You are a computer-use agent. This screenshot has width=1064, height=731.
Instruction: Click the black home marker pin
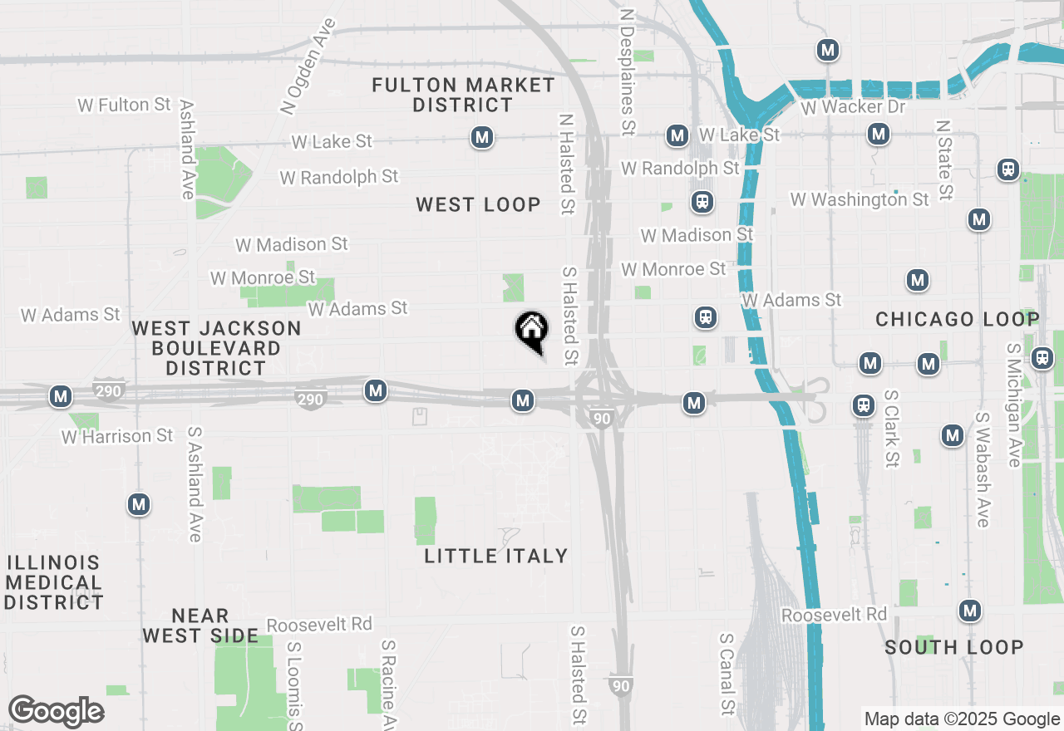[531, 330]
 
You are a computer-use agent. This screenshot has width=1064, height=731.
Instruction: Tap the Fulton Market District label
[463, 95]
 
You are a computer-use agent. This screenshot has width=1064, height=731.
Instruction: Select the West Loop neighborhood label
[478, 204]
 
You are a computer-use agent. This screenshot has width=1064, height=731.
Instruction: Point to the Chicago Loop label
[957, 319]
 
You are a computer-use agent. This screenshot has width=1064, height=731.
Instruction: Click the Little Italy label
[496, 556]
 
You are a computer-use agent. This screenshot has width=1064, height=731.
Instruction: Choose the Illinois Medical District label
[54, 582]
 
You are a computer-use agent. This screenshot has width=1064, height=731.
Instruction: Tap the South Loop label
[953, 647]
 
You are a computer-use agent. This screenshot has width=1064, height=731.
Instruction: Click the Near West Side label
[199, 626]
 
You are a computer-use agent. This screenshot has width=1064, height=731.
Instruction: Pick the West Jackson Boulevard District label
[216, 348]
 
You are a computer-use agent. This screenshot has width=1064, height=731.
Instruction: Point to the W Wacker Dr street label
[853, 109]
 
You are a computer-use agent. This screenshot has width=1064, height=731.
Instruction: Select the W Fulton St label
[124, 105]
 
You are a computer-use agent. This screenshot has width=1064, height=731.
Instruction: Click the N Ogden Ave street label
[307, 66]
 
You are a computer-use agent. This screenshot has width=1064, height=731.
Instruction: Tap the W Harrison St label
[117, 436]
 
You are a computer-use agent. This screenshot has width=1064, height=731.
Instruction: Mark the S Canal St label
[727, 674]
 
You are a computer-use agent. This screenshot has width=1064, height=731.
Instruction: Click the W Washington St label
[860, 199]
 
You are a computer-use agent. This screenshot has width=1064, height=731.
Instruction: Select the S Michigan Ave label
[1013, 405]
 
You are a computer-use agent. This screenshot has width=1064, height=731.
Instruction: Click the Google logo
[56, 711]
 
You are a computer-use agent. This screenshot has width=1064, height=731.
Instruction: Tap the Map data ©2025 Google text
[962, 719]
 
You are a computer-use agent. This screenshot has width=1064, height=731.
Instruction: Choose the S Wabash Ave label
[983, 469]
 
